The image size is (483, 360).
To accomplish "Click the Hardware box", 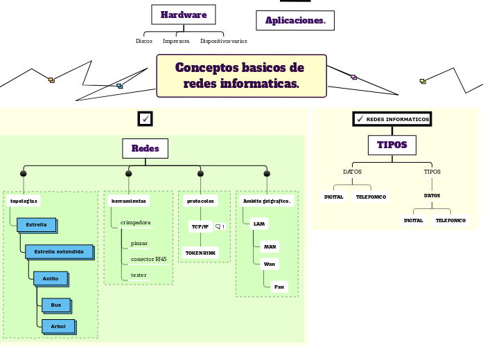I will (184, 15).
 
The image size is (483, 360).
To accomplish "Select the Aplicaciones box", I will (295, 21).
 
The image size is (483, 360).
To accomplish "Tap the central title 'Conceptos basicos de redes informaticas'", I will (241, 76).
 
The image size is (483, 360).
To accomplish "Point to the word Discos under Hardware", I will (144, 42).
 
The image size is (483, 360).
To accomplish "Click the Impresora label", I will (176, 42).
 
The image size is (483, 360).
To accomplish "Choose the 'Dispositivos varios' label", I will (224, 42).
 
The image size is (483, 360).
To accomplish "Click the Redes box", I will (145, 148).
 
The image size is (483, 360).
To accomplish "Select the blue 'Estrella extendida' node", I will (59, 252).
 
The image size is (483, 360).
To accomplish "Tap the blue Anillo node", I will (51, 278).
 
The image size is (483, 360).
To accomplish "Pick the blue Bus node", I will (55, 305).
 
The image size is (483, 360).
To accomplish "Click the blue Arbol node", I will (58, 326).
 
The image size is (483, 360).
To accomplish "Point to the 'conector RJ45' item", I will (148, 260).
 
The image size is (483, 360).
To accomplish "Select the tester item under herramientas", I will (139, 276).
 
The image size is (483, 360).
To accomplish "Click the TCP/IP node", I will (200, 226).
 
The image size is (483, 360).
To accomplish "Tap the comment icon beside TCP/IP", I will (220, 226).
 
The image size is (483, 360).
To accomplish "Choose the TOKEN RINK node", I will (200, 253).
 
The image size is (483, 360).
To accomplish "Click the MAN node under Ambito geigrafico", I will (270, 246).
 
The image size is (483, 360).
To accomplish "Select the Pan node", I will (279, 287).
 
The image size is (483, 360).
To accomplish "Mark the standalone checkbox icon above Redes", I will (146, 118).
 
